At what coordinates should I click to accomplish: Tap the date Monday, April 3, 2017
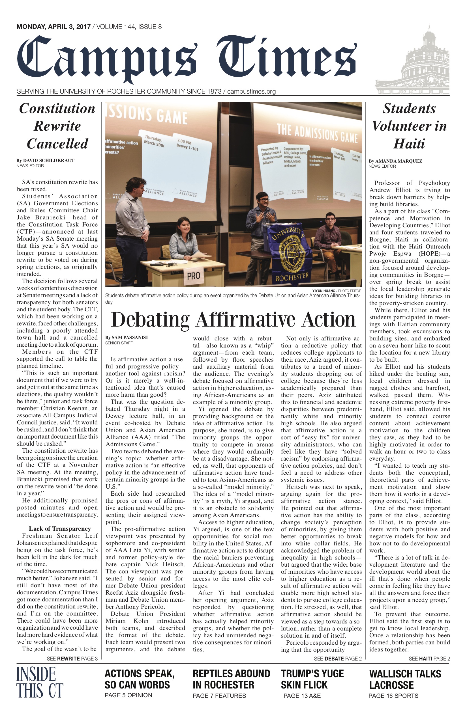coord(53,27)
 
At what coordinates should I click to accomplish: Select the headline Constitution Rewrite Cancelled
coord(57,126)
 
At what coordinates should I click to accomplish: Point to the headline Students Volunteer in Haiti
coord(409,126)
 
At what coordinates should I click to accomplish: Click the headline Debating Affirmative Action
coord(233,320)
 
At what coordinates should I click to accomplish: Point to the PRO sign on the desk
coord(194,276)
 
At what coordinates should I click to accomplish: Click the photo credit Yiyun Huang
coord(324,291)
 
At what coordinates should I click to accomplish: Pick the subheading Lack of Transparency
coord(60,529)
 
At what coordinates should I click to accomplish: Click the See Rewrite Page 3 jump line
coord(72,659)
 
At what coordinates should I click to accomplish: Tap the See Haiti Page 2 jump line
coord(429,659)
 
